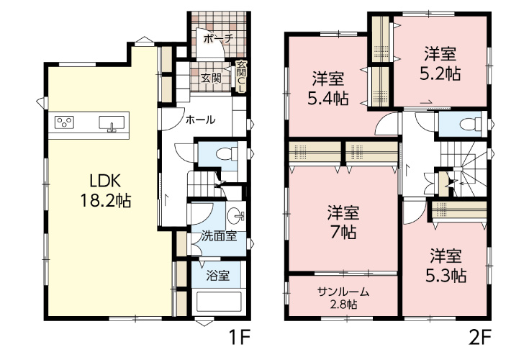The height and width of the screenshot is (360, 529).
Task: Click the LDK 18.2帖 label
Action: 105,192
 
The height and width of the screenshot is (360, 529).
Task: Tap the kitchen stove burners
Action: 65,122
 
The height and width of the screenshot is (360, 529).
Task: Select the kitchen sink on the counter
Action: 112,123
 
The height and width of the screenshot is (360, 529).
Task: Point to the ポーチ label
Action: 218,38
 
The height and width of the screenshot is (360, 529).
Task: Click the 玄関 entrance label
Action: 211,78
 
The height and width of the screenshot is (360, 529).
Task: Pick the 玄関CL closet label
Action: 241,76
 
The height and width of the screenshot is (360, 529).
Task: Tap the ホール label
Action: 200,120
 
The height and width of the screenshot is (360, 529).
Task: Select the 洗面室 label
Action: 219,236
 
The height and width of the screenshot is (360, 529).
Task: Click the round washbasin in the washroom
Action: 235,215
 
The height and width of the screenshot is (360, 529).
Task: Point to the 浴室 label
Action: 218,276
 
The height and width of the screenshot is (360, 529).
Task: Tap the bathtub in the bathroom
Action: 219,302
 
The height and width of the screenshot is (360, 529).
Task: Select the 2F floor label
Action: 479,338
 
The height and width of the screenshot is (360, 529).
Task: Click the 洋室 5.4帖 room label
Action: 327,89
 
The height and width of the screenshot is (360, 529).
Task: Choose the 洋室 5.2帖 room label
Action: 440,64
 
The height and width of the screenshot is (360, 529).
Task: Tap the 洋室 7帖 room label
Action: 343,222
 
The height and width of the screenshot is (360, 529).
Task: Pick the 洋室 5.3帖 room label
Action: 446,266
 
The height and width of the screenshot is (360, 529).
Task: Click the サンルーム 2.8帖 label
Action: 343,298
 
